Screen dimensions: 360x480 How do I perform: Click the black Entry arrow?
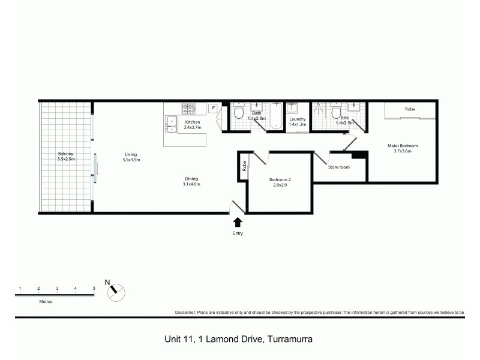click(238, 222)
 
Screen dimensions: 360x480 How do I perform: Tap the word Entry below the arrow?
click(238, 233)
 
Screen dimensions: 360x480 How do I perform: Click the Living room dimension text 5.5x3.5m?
click(131, 160)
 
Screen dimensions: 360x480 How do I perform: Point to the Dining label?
click(191, 178)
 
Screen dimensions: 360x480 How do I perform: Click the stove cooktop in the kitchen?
click(189, 109)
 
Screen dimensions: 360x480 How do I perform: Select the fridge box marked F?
click(212, 108)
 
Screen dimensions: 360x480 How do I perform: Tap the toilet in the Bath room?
click(239, 112)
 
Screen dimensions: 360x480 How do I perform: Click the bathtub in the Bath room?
click(275, 115)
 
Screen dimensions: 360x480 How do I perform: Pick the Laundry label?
click(298, 119)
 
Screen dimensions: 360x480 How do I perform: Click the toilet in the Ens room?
click(336, 112)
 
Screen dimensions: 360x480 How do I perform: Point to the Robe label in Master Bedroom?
click(410, 109)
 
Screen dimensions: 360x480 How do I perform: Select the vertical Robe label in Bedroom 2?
click(244, 165)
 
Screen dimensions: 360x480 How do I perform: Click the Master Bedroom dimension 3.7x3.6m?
click(402, 151)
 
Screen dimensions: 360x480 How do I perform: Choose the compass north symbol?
click(116, 291)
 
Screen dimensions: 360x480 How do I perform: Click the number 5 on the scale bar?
click(94, 289)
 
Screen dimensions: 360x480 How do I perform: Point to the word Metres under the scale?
click(46, 301)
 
